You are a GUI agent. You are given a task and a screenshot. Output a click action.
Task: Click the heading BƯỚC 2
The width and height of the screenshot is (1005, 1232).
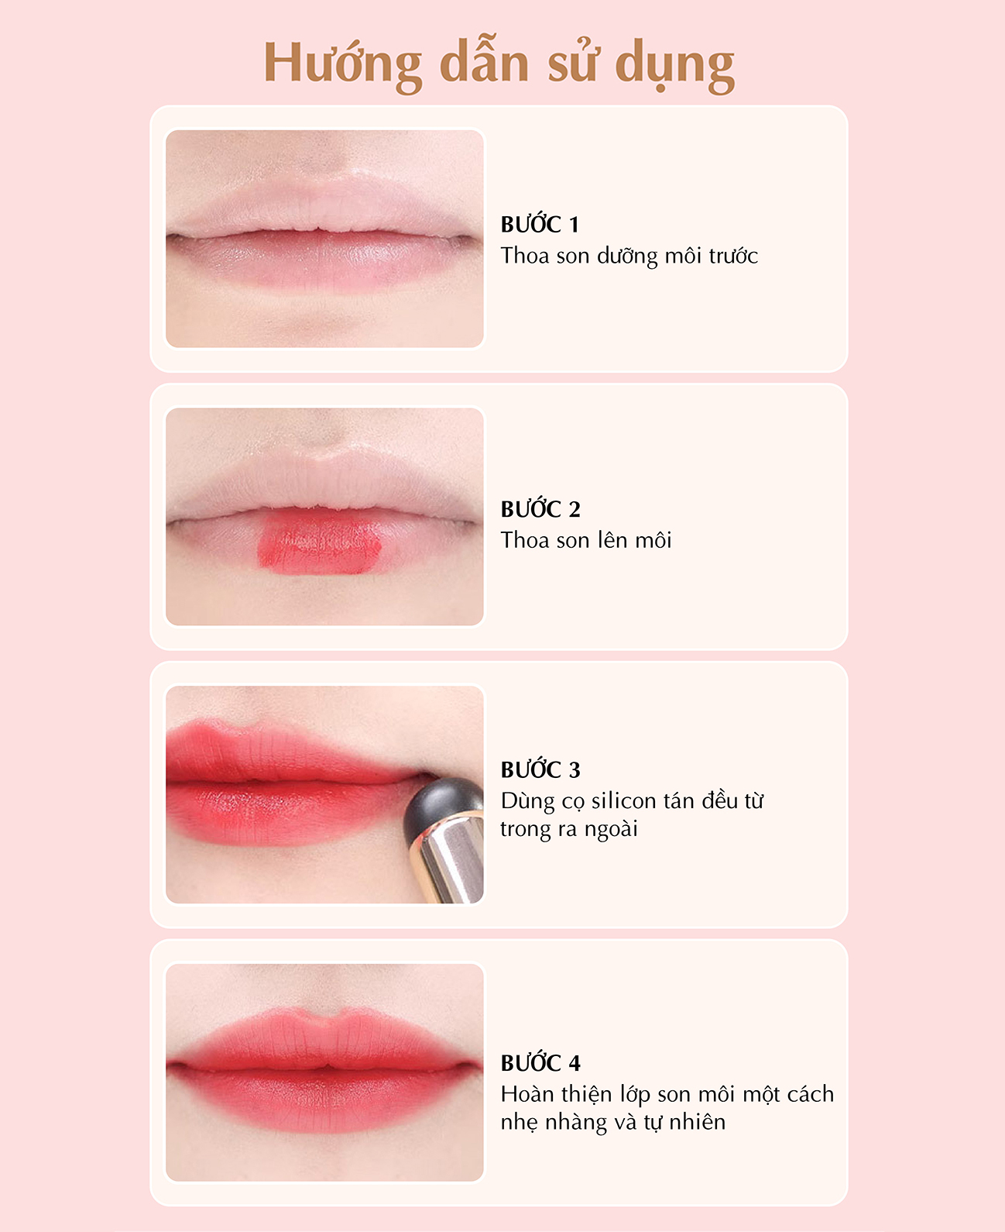coord(540,508)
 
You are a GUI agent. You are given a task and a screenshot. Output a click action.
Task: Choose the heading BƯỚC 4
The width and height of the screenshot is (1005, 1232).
coord(540,1062)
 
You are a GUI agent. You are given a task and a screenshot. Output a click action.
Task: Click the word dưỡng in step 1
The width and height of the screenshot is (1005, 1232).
coord(627,256)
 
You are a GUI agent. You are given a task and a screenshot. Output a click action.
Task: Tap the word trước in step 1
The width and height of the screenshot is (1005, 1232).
coord(733,256)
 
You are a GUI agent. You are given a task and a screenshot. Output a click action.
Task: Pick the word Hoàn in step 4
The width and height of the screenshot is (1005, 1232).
coord(527,1094)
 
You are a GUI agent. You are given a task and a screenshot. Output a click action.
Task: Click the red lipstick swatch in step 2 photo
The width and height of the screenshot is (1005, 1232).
coord(319,542)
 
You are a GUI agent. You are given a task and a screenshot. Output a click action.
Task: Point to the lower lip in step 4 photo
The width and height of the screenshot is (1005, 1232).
coord(324,1097)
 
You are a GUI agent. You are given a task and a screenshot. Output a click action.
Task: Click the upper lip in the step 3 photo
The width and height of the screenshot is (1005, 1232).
coord(280,754)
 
